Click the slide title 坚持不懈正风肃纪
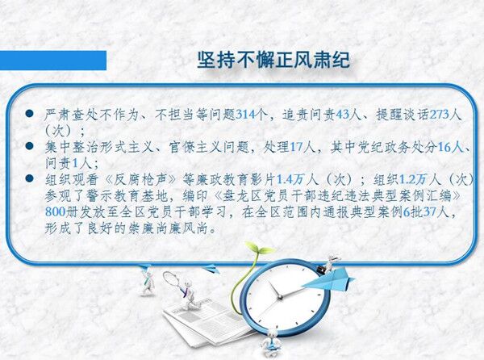click(273, 60)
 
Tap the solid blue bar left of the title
click(53, 61)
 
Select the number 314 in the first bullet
click(246, 115)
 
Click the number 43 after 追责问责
click(342, 115)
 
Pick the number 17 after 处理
click(296, 147)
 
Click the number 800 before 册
click(55, 211)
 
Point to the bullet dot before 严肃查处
click(29, 114)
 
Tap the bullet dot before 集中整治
click(29, 146)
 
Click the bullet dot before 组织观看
click(29, 178)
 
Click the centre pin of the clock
click(280, 297)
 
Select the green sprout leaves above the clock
click(259, 249)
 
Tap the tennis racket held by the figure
click(173, 280)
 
